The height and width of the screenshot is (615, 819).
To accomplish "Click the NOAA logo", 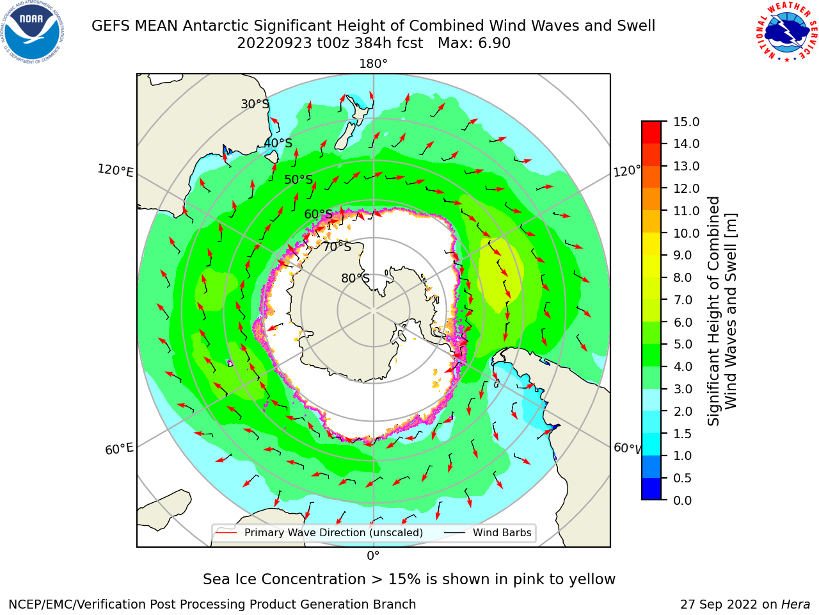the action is [x=32, y=33].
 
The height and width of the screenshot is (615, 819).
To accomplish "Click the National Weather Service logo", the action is [x=787, y=32].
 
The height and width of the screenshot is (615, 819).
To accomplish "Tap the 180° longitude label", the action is [x=373, y=64].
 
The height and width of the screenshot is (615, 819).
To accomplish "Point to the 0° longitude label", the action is [x=373, y=556].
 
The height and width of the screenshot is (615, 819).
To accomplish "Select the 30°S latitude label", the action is [x=255, y=104].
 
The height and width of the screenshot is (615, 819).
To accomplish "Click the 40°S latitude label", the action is [x=278, y=143].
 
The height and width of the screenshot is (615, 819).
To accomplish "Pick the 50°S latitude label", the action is [x=299, y=179].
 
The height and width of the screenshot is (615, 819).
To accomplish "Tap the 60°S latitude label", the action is [x=318, y=215].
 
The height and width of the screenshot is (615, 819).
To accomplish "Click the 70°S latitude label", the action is [x=337, y=247].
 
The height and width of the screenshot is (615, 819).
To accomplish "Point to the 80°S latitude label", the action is [x=355, y=278].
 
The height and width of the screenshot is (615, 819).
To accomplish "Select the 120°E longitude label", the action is [x=115, y=170].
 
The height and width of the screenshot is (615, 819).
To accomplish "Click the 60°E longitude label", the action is [x=119, y=449].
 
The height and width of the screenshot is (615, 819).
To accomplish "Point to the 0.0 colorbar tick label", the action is [x=683, y=500].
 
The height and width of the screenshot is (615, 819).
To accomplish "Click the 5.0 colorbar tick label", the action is [x=683, y=344].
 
